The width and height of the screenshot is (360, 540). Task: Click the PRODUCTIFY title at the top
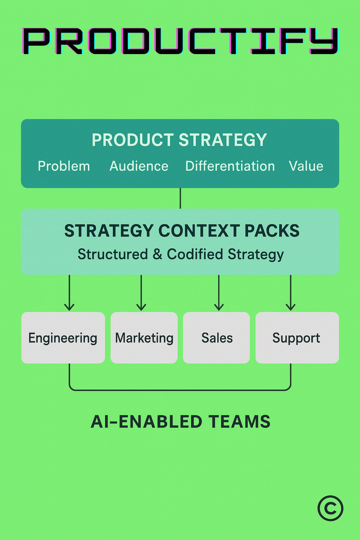pos(180,41)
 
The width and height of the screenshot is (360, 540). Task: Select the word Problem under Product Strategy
pos(64,166)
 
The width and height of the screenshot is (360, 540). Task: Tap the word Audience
pos(139,166)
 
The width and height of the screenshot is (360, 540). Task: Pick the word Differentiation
pos(230,166)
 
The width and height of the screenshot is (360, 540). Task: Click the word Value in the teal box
pos(306,166)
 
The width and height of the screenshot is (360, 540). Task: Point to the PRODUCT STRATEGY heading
pos(179,140)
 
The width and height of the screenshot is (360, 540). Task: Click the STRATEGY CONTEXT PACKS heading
pos(182,231)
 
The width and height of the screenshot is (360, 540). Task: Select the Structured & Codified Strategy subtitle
pos(181,254)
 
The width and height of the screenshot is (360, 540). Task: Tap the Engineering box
pos(63,338)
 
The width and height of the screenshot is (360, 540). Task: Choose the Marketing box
pos(144,338)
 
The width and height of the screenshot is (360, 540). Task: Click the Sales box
pos(217,338)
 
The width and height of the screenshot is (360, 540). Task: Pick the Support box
pos(297,338)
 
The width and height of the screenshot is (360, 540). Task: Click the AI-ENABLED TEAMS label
pos(181,422)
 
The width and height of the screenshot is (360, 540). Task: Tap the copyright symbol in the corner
pos(330,508)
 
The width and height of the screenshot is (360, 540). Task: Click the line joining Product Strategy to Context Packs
pos(180,198)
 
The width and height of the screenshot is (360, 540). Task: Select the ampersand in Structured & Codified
pos(157,255)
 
